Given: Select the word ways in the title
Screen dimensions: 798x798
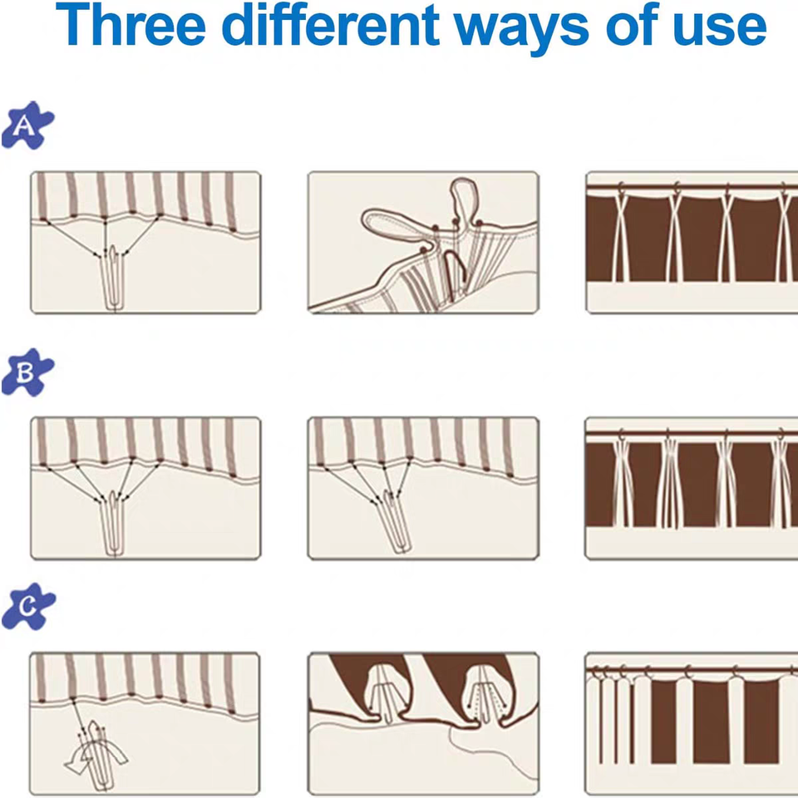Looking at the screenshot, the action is coord(522,30).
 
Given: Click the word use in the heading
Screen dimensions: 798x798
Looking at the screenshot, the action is coord(720,30).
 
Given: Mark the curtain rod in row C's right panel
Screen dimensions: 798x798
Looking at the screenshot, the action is coord(692,672).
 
